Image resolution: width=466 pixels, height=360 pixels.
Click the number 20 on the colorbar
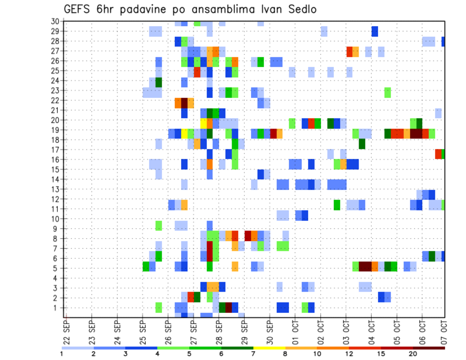(x=413, y=354)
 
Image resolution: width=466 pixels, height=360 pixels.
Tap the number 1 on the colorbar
(x=62, y=354)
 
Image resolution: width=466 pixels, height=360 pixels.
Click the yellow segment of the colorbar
(x=269, y=347)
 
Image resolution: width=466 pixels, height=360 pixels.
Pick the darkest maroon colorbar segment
(x=429, y=347)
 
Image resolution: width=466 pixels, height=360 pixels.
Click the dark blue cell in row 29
(x=375, y=31)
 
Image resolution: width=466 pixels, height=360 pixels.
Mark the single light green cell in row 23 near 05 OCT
(x=387, y=91)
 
